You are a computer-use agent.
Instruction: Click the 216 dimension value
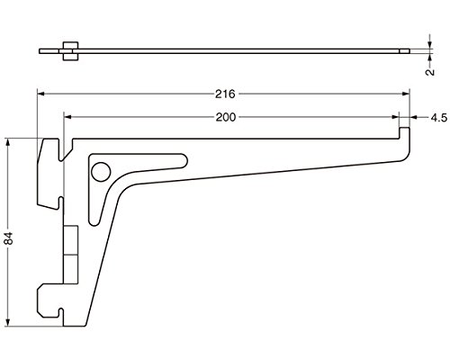click(225, 94)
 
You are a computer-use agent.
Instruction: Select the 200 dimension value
click(226, 117)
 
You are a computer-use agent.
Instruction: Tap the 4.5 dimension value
click(439, 118)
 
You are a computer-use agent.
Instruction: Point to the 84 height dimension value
click(9, 238)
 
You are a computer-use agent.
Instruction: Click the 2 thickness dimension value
click(430, 72)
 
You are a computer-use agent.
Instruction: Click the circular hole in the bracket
click(101, 172)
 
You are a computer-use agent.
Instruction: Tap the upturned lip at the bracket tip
click(404, 133)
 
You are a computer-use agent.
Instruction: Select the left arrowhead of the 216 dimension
click(40, 94)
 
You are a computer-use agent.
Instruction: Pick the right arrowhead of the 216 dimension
click(406, 94)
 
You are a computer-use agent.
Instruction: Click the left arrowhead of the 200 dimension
click(67, 117)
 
